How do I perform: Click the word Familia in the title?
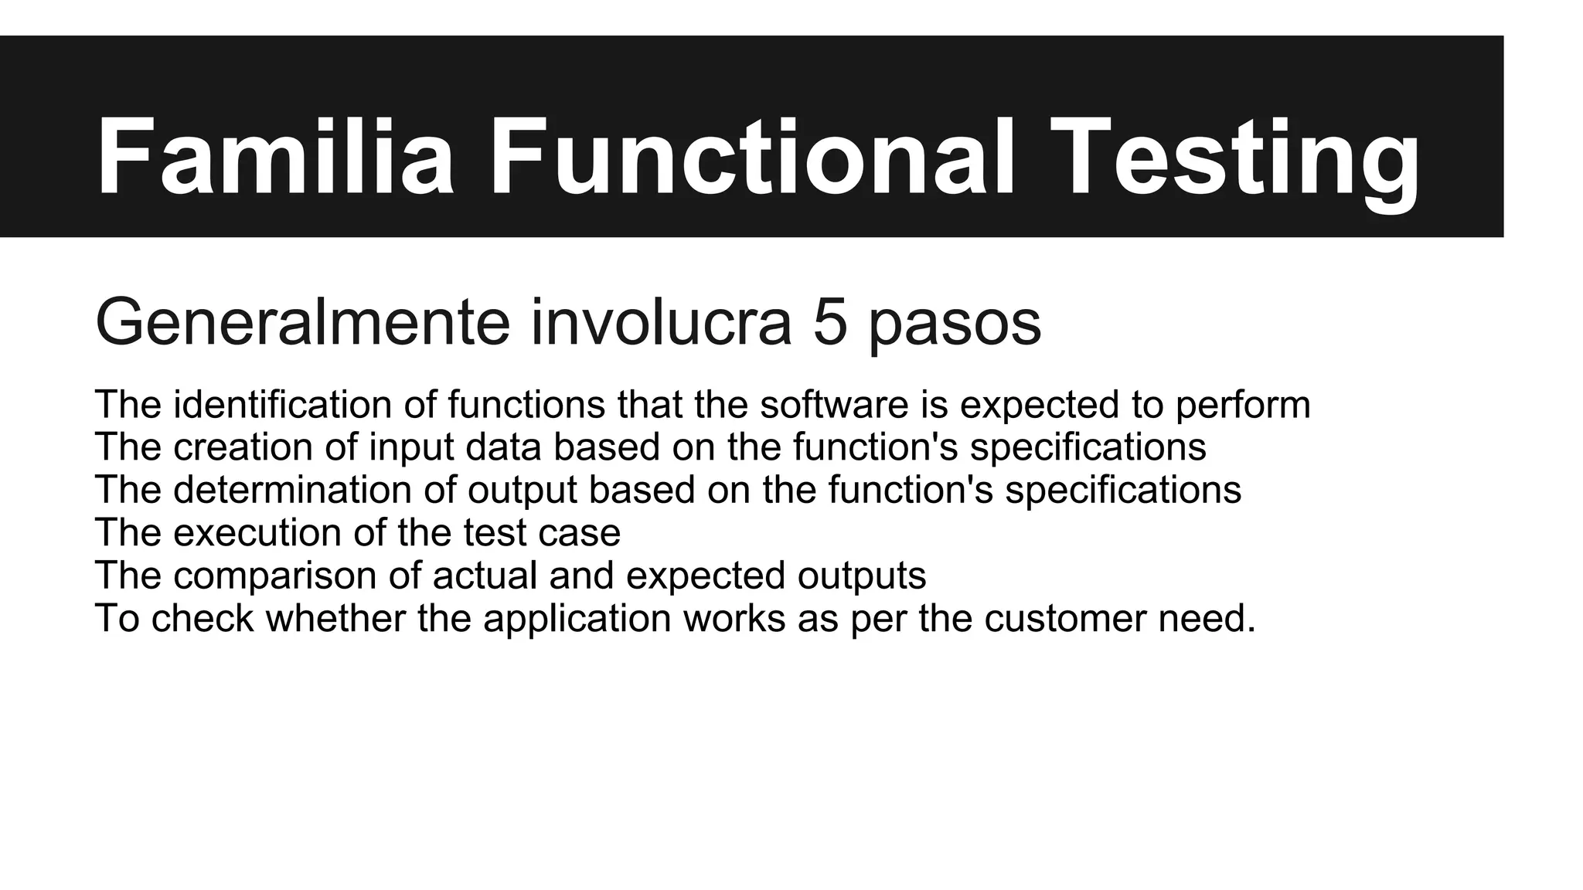point(274,157)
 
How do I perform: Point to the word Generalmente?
point(302,323)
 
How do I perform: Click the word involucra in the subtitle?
point(661,323)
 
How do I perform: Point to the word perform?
point(1243,405)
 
